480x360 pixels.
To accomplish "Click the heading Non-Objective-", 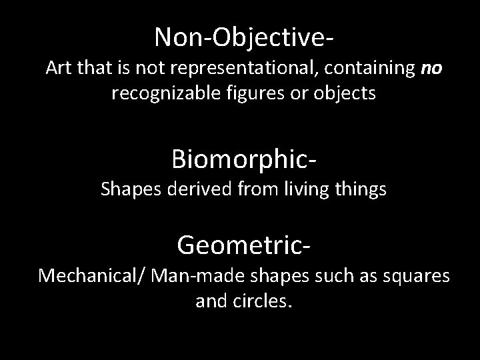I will click(x=243, y=37).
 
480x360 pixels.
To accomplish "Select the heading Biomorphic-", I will click(x=243, y=159).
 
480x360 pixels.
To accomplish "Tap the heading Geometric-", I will click(x=243, y=245).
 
